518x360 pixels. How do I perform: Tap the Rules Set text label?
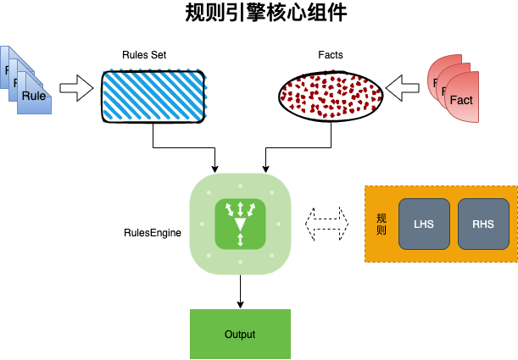click(x=144, y=55)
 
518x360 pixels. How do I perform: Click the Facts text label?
click(x=331, y=55)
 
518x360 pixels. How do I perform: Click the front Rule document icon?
click(x=35, y=96)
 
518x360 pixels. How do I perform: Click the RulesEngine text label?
click(x=153, y=231)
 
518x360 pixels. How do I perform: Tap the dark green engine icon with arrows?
click(x=241, y=224)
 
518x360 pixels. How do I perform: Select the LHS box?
click(x=423, y=224)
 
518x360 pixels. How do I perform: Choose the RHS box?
click(x=483, y=224)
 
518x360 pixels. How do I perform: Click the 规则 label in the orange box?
click(x=381, y=224)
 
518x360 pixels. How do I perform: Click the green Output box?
click(x=240, y=335)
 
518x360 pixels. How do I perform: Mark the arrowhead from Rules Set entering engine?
click(x=216, y=165)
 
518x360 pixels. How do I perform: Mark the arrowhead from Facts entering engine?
click(x=265, y=165)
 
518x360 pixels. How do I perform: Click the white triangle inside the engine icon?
click(x=241, y=224)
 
